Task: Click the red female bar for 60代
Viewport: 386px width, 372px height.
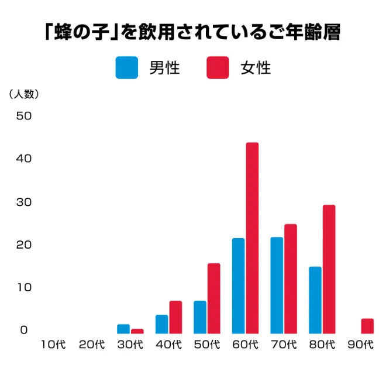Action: tap(252, 237)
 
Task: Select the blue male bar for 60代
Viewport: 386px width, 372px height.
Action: tap(238, 285)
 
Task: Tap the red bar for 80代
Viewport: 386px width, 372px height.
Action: tap(329, 269)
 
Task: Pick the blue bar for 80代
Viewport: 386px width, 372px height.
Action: tap(315, 299)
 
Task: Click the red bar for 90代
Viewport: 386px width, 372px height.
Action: tap(367, 326)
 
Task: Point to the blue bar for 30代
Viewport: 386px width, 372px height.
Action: tap(123, 329)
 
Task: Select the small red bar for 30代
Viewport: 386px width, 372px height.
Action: tap(137, 331)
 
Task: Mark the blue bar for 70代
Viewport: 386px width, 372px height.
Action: tap(277, 285)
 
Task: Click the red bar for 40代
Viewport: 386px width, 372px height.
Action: tap(175, 317)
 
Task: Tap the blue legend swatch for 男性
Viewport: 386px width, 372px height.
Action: tap(127, 68)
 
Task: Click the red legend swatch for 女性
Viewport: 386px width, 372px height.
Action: tap(218, 68)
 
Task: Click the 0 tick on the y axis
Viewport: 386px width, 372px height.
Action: tap(24, 330)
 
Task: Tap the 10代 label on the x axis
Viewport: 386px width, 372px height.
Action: tap(53, 345)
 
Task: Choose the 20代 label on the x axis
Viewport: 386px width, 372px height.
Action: tap(92, 345)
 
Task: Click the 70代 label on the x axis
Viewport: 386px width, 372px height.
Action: tap(284, 345)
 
